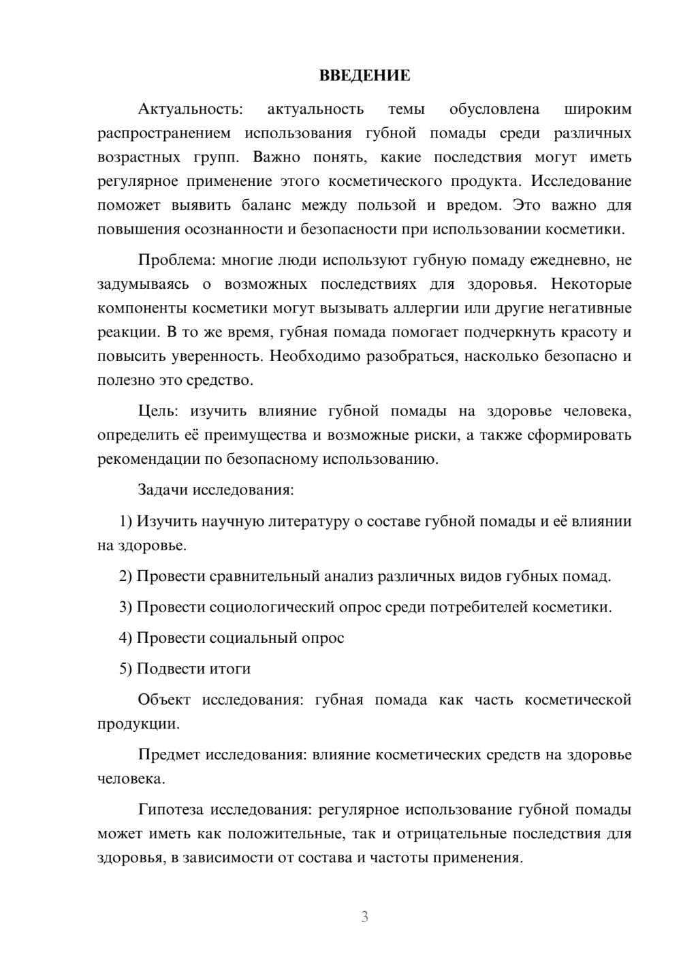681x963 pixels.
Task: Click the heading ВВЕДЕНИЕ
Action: pyautogui.click(x=364, y=76)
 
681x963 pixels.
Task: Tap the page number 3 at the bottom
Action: pyautogui.click(x=364, y=917)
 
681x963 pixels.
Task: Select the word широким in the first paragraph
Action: pyautogui.click(x=598, y=109)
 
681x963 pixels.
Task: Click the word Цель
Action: pyautogui.click(x=158, y=411)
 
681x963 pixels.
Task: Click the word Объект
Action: pyautogui.click(x=164, y=700)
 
